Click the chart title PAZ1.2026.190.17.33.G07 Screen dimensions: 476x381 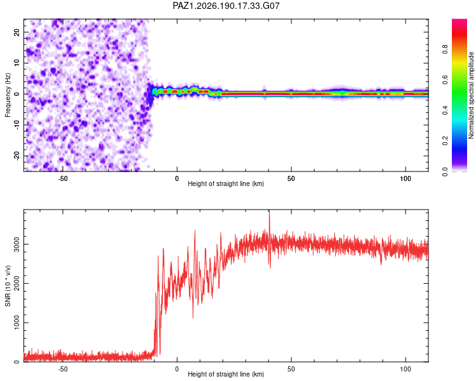(x=226, y=6)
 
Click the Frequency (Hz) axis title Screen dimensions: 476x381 (x=8, y=95)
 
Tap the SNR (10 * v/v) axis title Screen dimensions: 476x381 (x=8, y=286)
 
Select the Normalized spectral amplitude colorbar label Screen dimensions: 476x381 (x=471, y=95)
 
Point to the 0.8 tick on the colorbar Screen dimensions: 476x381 (x=445, y=49)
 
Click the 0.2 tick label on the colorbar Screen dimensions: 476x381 (x=445, y=141)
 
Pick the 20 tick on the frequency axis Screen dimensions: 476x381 (x=17, y=32)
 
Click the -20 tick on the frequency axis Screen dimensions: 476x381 (x=17, y=156)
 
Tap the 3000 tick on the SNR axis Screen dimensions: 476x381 (x=17, y=244)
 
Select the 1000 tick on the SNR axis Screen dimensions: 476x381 (x=17, y=323)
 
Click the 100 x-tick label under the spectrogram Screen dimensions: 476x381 (x=406, y=178)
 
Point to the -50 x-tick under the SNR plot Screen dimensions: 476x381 (x=63, y=369)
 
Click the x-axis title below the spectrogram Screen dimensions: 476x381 (x=226, y=184)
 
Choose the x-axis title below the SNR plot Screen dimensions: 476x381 (x=226, y=374)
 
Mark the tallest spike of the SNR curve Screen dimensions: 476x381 (x=269, y=211)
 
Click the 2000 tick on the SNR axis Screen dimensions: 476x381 (x=17, y=283)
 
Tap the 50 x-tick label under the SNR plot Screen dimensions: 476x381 (x=291, y=369)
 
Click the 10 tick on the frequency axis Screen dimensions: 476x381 (x=17, y=63)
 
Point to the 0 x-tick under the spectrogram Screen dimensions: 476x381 (x=177, y=178)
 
